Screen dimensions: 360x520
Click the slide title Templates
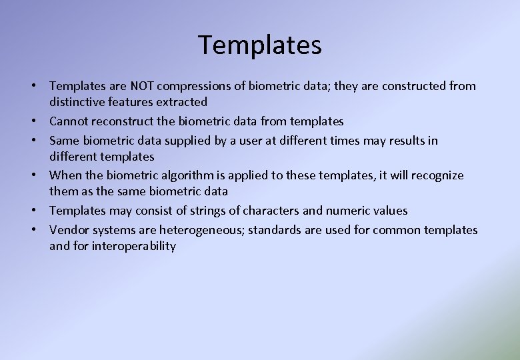tap(260, 45)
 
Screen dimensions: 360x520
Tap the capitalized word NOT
tap(144, 86)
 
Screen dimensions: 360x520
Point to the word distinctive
tap(77, 102)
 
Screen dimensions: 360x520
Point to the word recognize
tap(437, 175)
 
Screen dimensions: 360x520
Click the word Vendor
tap(69, 230)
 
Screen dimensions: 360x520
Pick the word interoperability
tap(134, 246)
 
